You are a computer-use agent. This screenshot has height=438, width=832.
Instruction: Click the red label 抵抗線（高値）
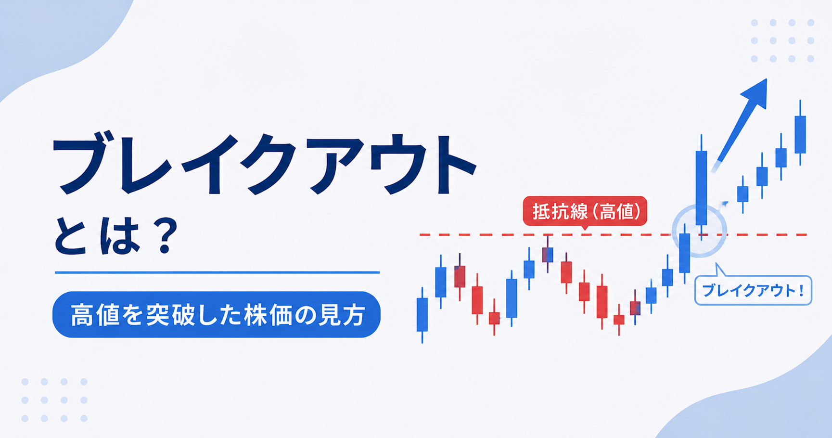(x=585, y=211)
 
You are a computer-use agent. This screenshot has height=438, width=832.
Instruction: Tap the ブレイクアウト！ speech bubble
(x=753, y=290)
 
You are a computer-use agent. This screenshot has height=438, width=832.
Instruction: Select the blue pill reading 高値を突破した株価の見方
(x=217, y=314)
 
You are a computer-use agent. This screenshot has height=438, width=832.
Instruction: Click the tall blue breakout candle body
(x=702, y=188)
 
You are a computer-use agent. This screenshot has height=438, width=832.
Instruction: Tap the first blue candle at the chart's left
(x=422, y=315)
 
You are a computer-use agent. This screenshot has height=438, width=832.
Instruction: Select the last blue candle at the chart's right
(x=800, y=134)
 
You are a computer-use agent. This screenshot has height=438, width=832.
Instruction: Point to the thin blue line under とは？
(x=218, y=272)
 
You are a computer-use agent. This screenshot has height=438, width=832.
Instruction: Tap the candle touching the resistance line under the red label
(x=548, y=255)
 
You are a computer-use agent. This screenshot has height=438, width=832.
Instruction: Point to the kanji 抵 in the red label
(x=541, y=211)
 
